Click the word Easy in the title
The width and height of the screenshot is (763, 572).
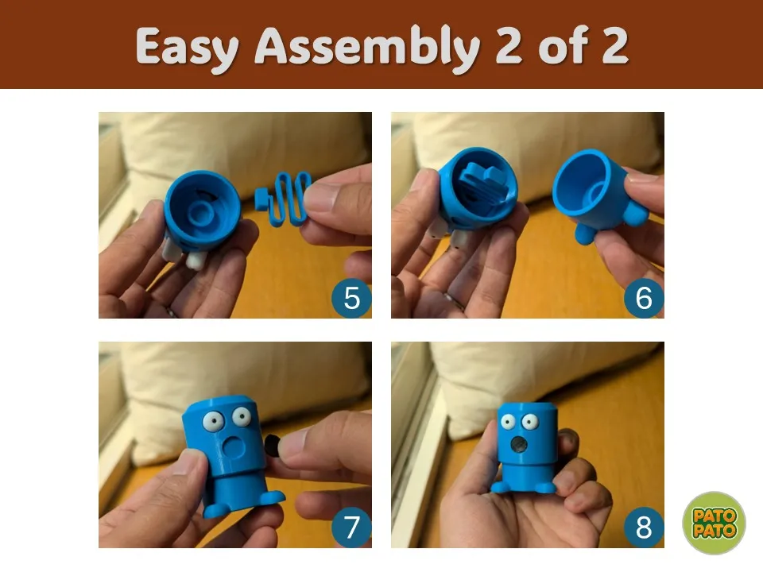188,48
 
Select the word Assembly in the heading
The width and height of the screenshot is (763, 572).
367,48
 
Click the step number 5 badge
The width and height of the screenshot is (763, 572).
351,298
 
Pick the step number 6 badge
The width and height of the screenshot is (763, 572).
644,298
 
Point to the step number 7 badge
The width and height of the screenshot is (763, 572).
351,528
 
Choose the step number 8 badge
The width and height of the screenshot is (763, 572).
644,528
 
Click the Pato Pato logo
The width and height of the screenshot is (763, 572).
714,523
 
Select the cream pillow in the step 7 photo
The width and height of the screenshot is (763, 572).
243,385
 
